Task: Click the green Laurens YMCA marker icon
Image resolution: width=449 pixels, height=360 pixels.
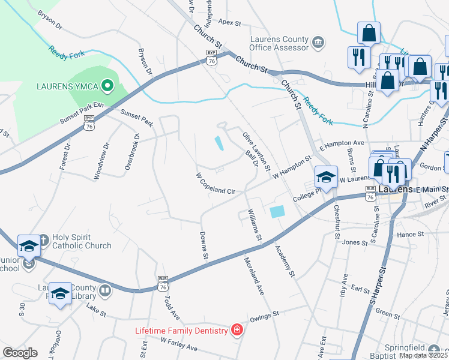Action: [x=108, y=86]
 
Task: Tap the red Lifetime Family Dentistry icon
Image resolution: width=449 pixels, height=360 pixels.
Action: [x=237, y=330]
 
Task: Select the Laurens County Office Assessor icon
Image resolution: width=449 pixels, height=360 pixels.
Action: [x=318, y=41]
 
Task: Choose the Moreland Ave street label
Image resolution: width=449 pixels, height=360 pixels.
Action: [x=254, y=275]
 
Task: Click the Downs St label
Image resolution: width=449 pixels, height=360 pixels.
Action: [x=203, y=246]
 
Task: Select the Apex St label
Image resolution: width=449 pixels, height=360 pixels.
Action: [x=229, y=23]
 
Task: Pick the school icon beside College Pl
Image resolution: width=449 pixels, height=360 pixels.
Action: [x=326, y=177]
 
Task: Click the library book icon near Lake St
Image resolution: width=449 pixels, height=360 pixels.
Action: [x=105, y=291]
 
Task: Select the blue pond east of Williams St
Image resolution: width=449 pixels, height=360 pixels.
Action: [x=277, y=212]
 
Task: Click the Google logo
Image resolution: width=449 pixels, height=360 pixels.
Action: [x=20, y=352]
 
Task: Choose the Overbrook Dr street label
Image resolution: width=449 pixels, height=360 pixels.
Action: [x=132, y=152]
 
